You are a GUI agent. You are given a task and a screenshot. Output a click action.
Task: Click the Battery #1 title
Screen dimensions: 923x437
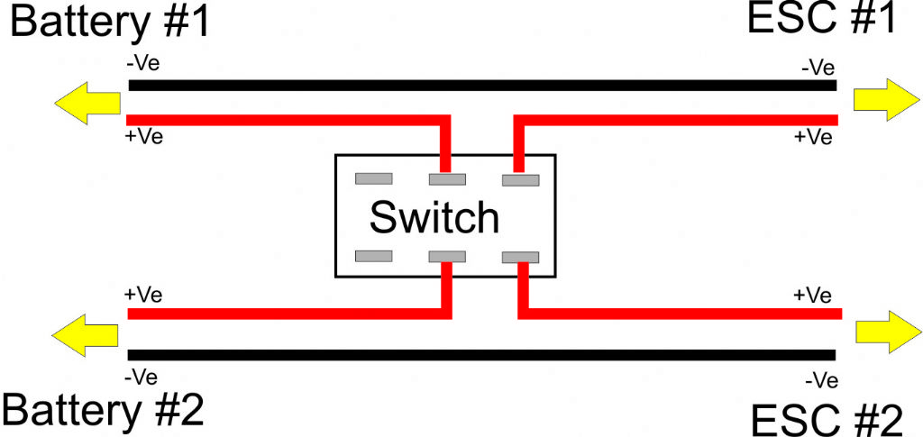click(110, 23)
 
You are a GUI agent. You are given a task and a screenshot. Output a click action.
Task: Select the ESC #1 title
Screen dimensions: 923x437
click(821, 19)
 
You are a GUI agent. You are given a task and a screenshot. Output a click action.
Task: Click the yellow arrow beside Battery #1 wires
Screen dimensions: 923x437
click(87, 104)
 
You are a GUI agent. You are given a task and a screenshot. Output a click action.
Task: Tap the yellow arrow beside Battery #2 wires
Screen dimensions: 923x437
click(86, 335)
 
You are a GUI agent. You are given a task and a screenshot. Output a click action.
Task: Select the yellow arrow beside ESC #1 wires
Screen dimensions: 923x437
click(887, 100)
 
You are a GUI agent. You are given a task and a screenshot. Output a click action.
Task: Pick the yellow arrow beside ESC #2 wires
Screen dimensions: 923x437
click(889, 332)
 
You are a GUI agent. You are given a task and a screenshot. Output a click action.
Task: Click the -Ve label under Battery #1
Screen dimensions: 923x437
click(142, 65)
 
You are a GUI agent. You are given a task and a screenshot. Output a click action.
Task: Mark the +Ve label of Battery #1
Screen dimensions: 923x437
click(143, 137)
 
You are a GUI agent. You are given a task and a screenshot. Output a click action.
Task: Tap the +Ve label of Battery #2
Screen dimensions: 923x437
click(143, 294)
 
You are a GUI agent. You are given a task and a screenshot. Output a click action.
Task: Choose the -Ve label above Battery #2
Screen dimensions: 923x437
click(142, 378)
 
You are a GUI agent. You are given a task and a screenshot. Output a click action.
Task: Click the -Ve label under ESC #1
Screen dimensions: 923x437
click(818, 68)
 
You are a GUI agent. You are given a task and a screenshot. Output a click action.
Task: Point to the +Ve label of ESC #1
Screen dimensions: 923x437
click(814, 137)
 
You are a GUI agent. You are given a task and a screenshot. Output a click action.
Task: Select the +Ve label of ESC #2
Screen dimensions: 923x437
click(813, 296)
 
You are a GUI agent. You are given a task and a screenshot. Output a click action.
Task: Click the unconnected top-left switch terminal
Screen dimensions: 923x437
click(374, 178)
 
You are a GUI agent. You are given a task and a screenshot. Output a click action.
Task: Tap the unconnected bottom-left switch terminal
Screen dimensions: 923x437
click(374, 256)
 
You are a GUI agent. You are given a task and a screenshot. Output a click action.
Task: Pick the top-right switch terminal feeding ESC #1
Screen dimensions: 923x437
click(520, 180)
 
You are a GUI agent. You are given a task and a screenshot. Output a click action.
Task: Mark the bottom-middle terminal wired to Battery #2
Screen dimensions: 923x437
click(447, 257)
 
